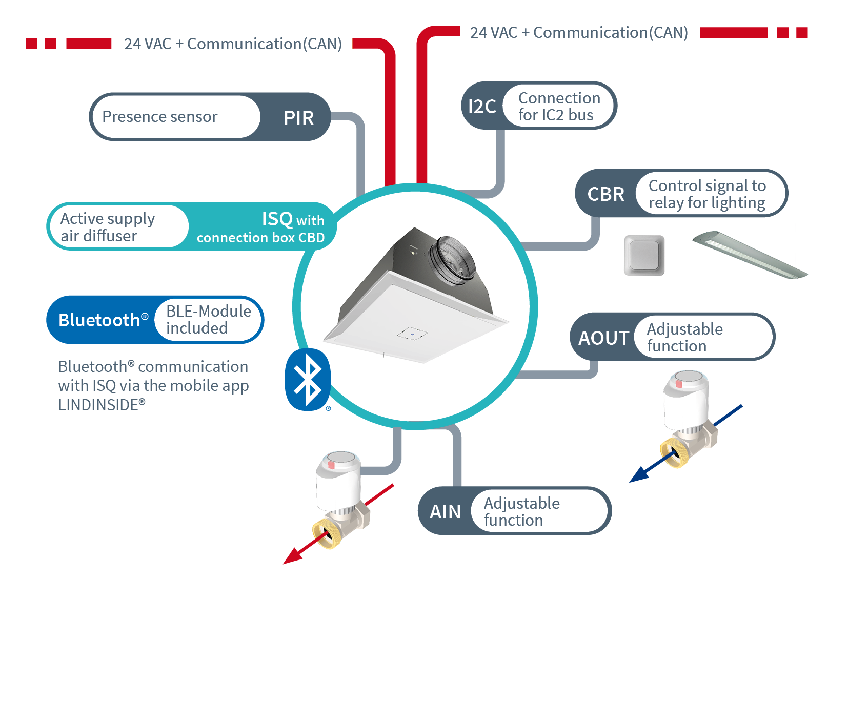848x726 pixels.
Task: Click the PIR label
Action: (298, 118)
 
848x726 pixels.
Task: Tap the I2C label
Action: (482, 107)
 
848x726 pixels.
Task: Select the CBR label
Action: (605, 194)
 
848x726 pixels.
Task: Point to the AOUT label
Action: (603, 338)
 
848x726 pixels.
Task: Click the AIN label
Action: (445, 512)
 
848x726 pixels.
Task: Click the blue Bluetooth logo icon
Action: (308, 380)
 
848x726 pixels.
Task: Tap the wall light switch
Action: (644, 255)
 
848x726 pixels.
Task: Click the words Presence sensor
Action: (160, 117)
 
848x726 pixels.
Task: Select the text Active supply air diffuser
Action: (108, 227)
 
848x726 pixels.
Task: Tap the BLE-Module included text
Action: (208, 320)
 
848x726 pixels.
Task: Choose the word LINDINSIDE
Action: (98, 405)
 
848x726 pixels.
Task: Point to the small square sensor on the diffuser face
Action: (412, 334)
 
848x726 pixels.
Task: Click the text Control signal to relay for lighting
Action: (707, 194)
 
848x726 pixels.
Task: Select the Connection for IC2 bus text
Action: (559, 107)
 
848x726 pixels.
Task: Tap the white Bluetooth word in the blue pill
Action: (99, 320)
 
